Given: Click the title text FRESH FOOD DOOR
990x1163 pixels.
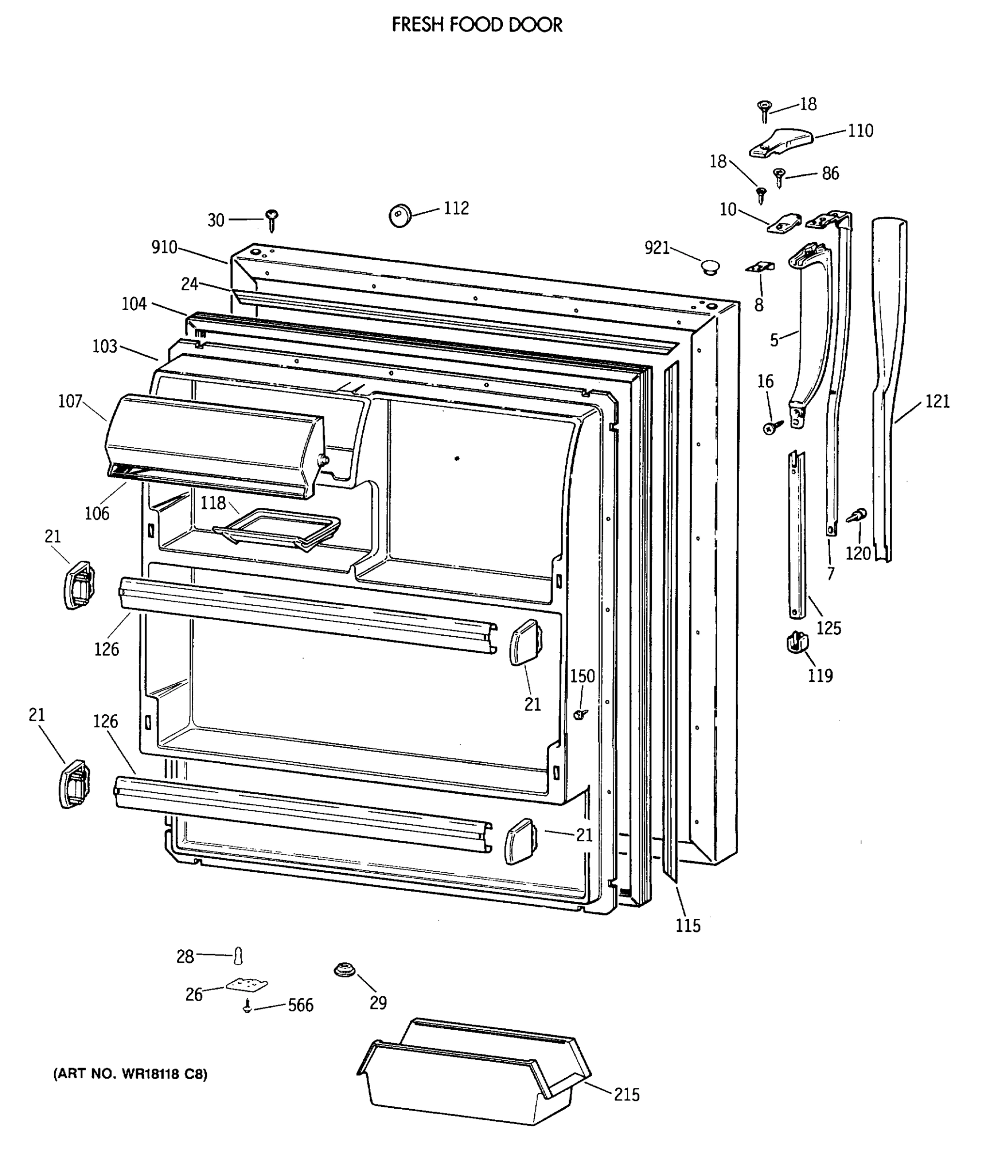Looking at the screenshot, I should [x=476, y=25].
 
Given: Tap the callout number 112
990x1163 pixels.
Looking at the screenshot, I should [x=456, y=208].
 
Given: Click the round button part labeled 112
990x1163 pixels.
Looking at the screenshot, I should [x=400, y=216].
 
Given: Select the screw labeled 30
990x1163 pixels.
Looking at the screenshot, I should [x=273, y=220].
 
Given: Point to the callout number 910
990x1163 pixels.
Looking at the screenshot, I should [x=164, y=248].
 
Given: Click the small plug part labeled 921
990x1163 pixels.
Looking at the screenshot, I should [x=711, y=267].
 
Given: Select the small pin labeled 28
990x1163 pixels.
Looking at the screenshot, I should [x=238, y=955].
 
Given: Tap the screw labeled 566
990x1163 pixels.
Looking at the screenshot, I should [x=247, y=1006].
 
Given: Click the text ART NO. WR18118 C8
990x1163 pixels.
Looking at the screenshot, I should [x=130, y=1074].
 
